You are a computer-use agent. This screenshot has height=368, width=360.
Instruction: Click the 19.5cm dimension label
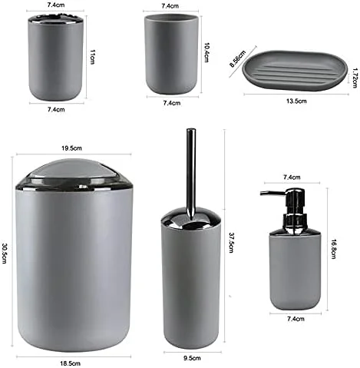click(71, 148)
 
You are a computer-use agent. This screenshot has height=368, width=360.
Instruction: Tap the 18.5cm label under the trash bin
click(70, 363)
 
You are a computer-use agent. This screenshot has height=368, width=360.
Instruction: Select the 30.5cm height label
click(5, 253)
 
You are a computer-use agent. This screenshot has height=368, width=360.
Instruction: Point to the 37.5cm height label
click(231, 243)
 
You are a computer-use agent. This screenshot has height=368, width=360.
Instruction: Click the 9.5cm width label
click(192, 358)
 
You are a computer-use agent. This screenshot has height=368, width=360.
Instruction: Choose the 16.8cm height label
click(333, 249)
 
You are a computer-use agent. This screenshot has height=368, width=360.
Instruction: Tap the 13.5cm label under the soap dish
click(296, 101)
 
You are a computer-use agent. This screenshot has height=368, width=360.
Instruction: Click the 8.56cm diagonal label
click(237, 59)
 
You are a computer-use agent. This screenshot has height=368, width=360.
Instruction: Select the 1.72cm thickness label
click(355, 78)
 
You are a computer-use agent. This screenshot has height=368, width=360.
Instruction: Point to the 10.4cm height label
click(206, 52)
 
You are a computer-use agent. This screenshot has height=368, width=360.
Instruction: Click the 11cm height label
click(92, 57)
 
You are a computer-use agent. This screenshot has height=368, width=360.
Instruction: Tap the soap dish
click(295, 70)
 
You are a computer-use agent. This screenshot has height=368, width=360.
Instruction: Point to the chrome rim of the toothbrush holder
click(56, 19)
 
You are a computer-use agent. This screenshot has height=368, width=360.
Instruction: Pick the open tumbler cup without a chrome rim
click(171, 55)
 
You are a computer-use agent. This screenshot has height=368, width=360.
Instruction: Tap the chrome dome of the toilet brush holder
click(191, 217)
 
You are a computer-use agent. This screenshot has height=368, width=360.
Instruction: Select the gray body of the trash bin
click(74, 267)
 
